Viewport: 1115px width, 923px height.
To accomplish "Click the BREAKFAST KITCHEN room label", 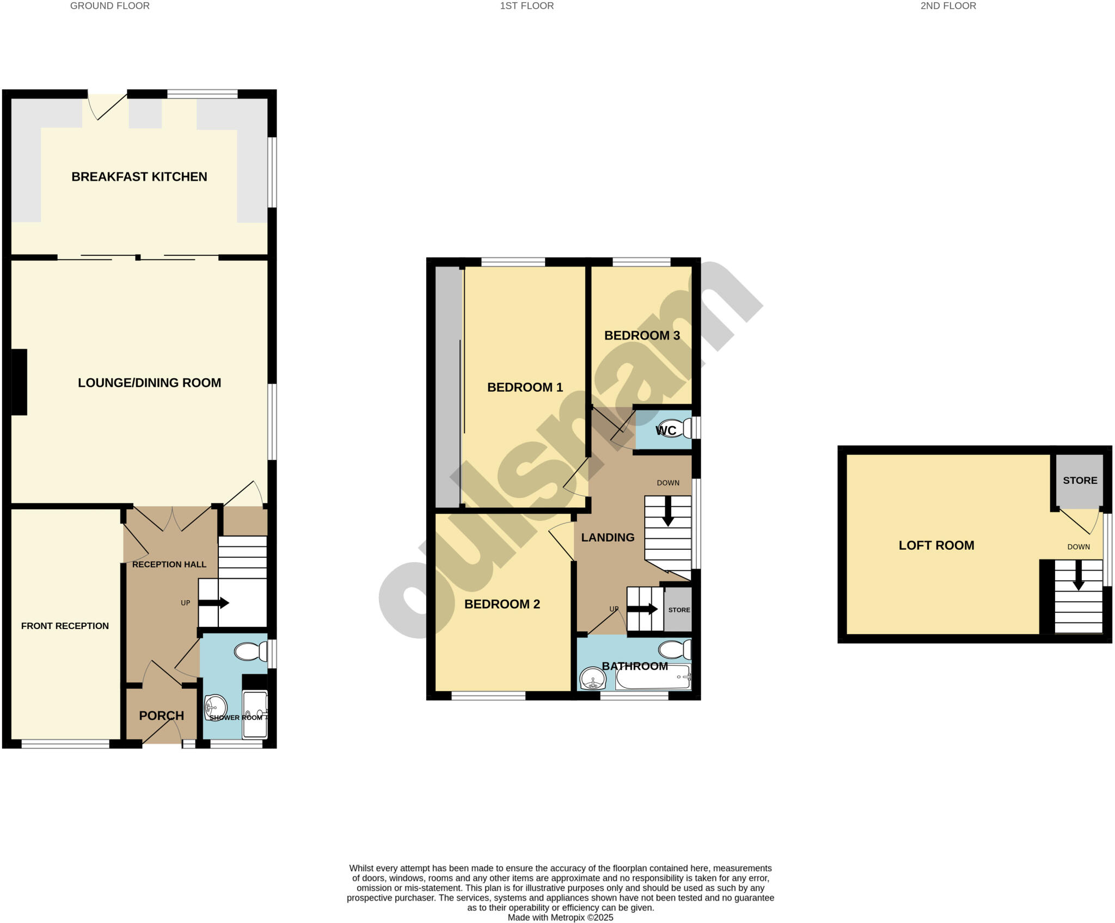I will pos(139,177).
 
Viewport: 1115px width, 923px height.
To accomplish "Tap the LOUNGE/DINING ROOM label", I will pos(149,383).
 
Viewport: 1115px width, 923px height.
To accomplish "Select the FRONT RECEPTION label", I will pos(65,626).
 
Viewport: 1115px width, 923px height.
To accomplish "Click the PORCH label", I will pos(161,716).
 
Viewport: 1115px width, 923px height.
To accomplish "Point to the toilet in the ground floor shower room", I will pos(250,651).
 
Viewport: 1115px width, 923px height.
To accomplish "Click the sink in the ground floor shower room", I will pos(216,707).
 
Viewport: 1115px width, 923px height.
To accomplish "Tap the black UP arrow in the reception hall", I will pos(213,603).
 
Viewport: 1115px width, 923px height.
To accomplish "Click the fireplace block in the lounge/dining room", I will pos(19,382).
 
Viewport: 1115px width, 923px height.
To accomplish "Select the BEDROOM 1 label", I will pos(525,387).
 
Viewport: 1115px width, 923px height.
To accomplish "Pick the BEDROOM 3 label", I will pos(642,335).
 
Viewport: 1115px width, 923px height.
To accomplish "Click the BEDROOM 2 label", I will pos(502,604).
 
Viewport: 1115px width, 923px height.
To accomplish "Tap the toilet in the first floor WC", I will pos(675,428).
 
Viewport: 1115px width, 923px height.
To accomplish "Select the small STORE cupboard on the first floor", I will pos(678,610).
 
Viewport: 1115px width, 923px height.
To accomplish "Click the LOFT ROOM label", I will pos(936,545).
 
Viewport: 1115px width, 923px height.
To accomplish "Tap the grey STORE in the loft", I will pos(1080,481).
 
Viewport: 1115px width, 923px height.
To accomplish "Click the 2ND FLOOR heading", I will pos(948,6).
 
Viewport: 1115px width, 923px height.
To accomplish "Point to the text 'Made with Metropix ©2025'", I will pos(560,918).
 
